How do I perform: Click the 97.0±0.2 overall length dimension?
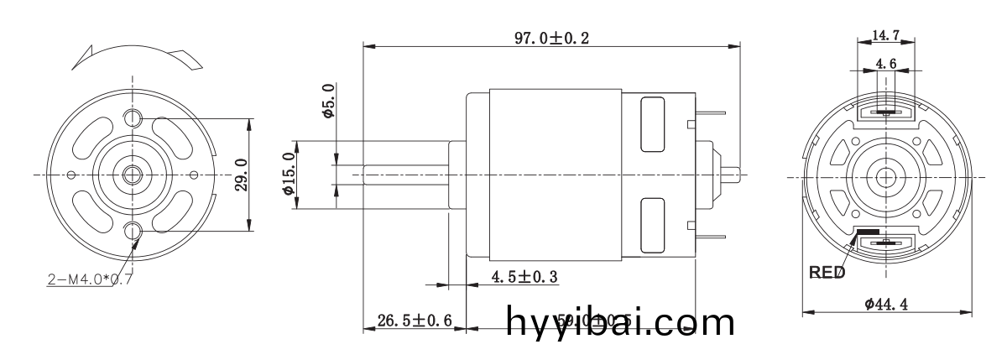coord(551,39)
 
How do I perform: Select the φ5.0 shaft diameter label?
coord(329,101)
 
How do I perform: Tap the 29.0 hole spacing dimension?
coord(240,175)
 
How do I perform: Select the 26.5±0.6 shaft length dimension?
coord(415,320)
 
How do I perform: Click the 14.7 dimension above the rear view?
coord(886,34)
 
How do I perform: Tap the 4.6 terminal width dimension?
coord(886,63)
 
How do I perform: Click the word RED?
coord(827,273)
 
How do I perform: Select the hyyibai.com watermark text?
coord(622,321)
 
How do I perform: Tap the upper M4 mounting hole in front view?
coord(133,117)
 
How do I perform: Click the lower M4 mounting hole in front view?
coord(133,231)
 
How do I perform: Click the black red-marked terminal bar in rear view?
coord(868,232)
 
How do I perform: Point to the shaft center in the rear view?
coord(886,176)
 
